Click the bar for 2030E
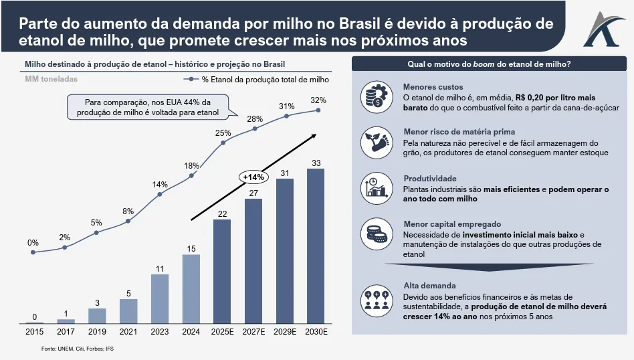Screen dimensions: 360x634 tap(316, 246)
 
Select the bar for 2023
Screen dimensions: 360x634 tap(159, 299)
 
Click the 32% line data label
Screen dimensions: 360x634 tap(318, 100)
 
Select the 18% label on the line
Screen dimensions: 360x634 tap(191, 165)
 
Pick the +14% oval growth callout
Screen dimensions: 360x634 tap(254, 177)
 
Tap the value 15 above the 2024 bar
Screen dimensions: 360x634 tap(191, 249)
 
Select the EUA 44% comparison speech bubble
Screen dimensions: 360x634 tap(147, 108)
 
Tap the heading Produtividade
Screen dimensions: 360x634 tap(429, 179)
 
